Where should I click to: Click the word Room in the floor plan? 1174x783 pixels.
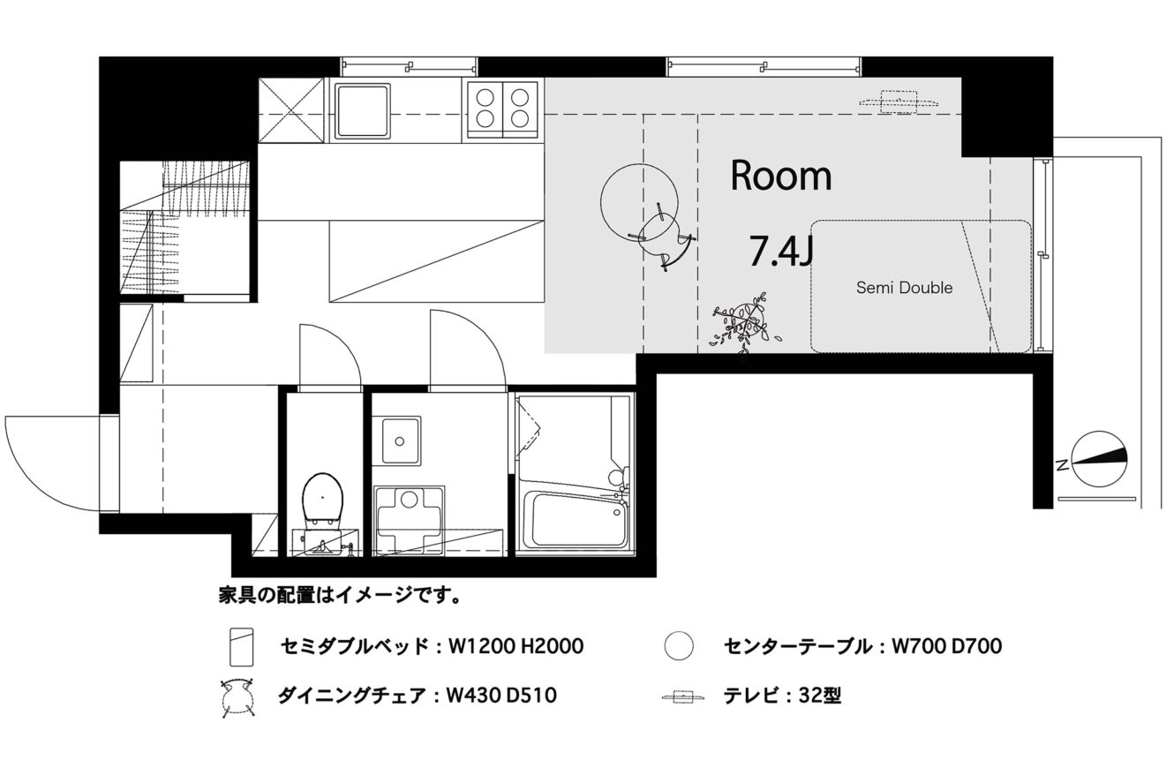click(x=781, y=176)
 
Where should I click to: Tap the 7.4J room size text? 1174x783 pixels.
click(x=781, y=251)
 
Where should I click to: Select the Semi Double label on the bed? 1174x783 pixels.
click(x=904, y=288)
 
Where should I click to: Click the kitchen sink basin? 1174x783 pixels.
click(x=363, y=110)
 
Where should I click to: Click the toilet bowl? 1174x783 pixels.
click(x=322, y=498)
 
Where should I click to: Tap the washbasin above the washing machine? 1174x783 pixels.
click(x=401, y=440)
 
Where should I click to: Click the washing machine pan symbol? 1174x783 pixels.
click(x=409, y=520)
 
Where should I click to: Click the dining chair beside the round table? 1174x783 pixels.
click(x=663, y=237)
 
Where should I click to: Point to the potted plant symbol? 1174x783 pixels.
click(x=745, y=324)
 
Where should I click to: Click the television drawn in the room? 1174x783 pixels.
click(x=898, y=102)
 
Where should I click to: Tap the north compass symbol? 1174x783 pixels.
click(x=1098, y=460)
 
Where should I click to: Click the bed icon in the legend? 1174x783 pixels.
click(x=242, y=647)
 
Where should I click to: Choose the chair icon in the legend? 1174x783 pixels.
click(x=238, y=697)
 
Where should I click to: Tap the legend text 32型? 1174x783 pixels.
click(x=820, y=696)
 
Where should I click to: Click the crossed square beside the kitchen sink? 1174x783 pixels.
click(x=291, y=110)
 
